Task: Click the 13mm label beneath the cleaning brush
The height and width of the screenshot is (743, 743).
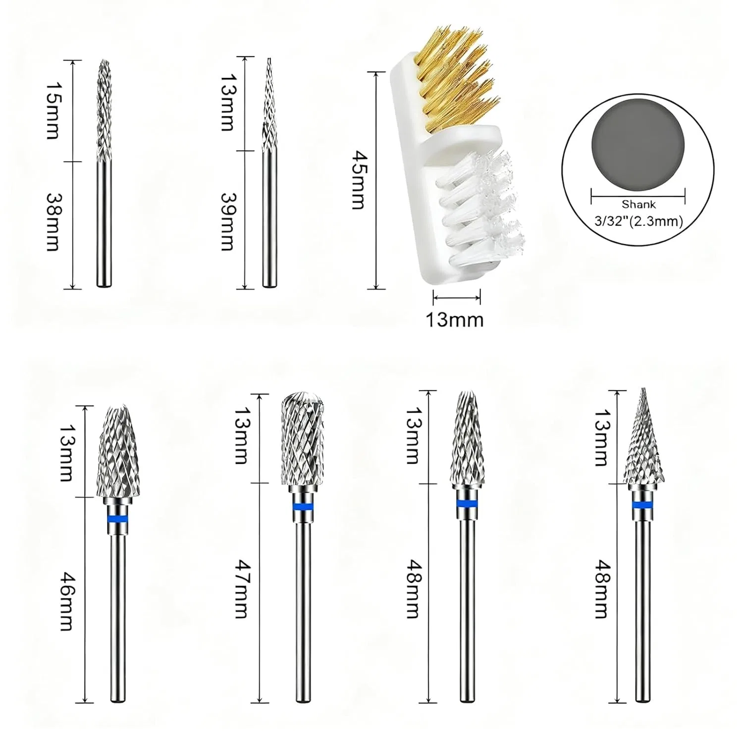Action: coord(455,319)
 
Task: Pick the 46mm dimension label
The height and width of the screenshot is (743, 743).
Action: coord(66,601)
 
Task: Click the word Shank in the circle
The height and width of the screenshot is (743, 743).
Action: coord(638,205)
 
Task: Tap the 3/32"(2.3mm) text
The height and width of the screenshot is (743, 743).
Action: coord(638,221)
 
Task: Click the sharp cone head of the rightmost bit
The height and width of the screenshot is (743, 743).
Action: coord(642,436)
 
